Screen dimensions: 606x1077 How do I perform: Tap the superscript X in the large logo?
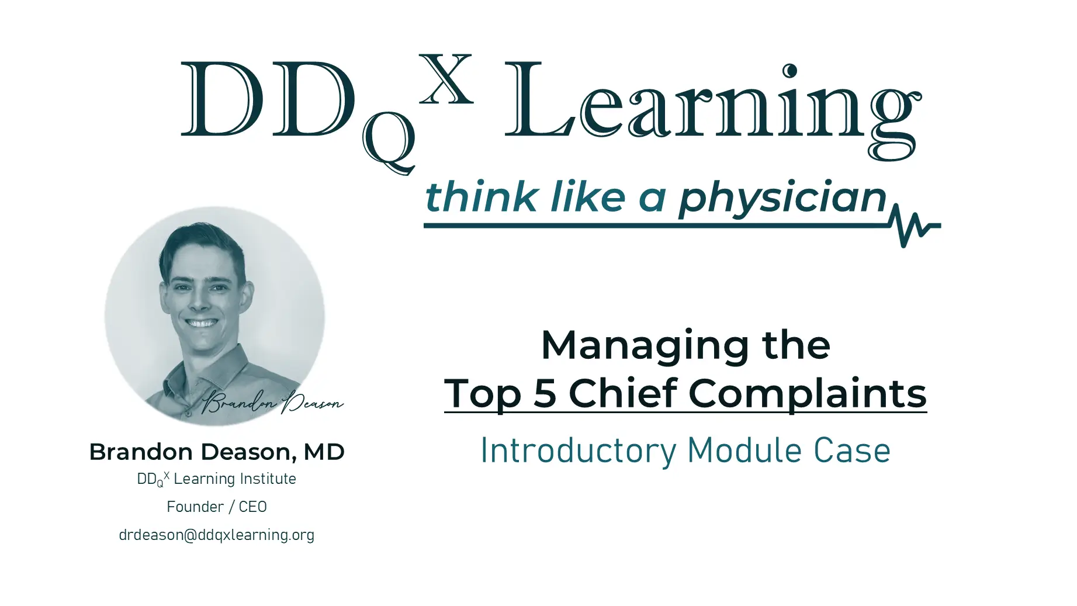tap(445, 79)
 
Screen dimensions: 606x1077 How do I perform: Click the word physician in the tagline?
tap(782, 198)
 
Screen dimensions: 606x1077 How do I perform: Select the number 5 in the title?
tap(545, 393)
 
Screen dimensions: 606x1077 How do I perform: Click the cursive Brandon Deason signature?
tap(272, 403)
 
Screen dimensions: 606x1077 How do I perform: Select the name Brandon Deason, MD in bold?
tap(217, 452)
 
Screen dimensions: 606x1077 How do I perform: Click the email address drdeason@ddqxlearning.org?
tap(217, 535)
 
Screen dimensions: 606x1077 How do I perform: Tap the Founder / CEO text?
tap(217, 507)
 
